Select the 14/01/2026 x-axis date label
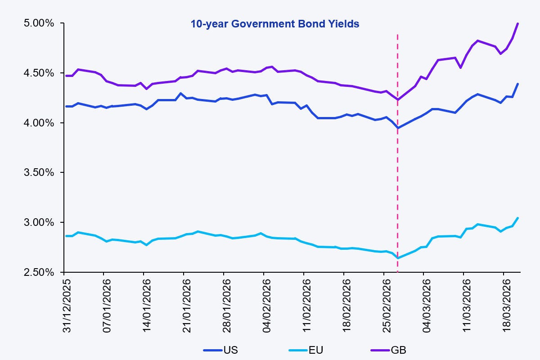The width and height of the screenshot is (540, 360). click(147, 306)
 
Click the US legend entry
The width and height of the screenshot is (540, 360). click(220, 350)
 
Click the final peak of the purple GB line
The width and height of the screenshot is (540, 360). click(518, 23)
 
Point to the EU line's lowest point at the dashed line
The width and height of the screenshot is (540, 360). click(397, 258)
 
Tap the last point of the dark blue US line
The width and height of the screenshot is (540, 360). click(518, 84)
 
